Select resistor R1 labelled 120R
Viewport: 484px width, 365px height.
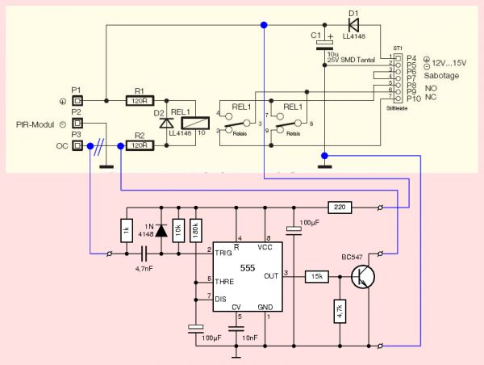pyautogui.click(x=140, y=101)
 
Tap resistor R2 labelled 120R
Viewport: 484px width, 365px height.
pyautogui.click(x=140, y=146)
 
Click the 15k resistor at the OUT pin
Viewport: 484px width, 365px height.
pyautogui.click(x=315, y=276)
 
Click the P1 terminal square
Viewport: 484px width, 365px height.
pyautogui.click(x=77, y=101)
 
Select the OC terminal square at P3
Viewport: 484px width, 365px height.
pyautogui.click(x=77, y=146)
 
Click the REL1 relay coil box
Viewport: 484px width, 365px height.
pyautogui.click(x=192, y=124)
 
